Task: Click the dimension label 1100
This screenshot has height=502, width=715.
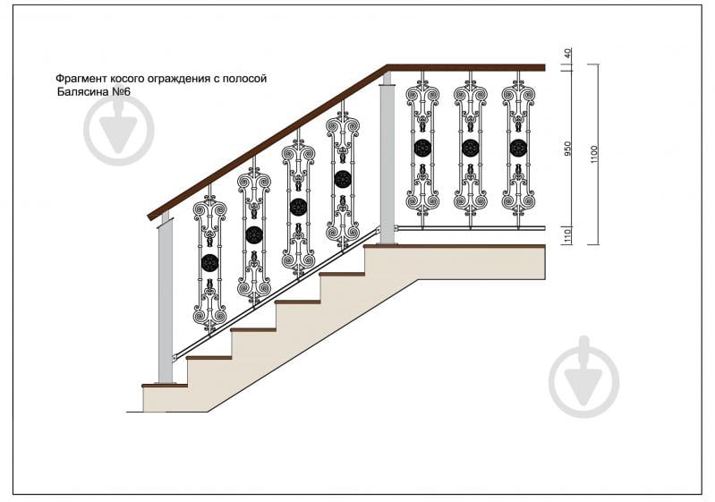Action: [x=593, y=156]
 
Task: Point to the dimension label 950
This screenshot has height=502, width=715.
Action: [x=567, y=149]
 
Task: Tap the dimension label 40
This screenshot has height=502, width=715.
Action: [x=567, y=54]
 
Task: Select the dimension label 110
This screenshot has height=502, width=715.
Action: [x=567, y=235]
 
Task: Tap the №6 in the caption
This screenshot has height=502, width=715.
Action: [x=122, y=92]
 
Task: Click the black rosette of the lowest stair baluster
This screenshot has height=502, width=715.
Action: [x=209, y=262]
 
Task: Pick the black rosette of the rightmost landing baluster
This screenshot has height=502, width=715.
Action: [x=518, y=148]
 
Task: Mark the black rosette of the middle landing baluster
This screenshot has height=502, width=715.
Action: [x=470, y=148]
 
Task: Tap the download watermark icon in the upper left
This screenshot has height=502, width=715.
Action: [x=118, y=131]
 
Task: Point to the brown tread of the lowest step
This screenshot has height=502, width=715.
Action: [x=165, y=386]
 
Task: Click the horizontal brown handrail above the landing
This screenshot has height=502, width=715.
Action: [x=466, y=68]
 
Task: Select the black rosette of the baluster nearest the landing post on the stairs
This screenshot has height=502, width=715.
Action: [x=343, y=179]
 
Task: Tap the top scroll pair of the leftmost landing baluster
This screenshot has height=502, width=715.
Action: [x=422, y=94]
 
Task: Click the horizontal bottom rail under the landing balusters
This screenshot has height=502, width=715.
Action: [x=470, y=227]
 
